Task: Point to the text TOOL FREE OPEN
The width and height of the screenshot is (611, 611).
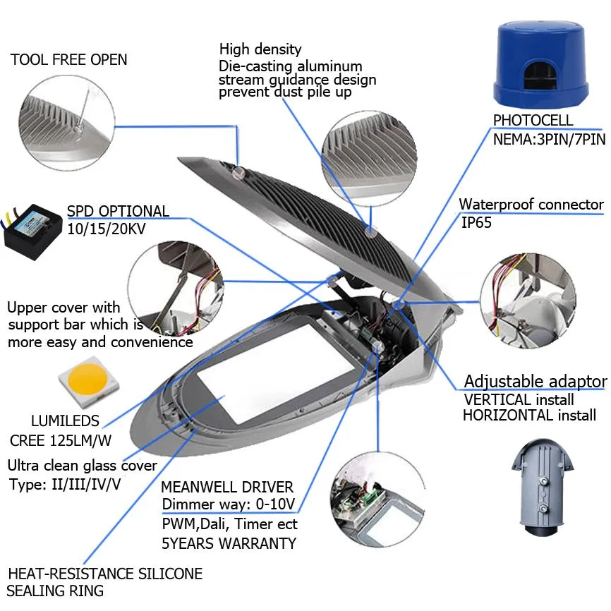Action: (x=68, y=60)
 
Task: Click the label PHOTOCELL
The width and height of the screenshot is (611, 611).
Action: (x=533, y=120)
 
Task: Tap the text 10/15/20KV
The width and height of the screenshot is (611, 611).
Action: (x=107, y=229)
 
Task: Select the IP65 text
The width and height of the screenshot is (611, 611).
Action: (x=476, y=222)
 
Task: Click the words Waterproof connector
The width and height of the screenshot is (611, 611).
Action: (x=531, y=204)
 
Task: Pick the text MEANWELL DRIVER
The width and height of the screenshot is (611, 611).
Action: (x=227, y=487)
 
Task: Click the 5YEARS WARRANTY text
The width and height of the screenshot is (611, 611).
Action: (x=229, y=543)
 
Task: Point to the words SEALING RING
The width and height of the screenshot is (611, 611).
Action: (x=55, y=591)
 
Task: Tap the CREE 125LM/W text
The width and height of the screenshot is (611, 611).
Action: (x=61, y=441)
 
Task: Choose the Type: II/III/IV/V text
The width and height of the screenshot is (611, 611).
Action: (x=65, y=485)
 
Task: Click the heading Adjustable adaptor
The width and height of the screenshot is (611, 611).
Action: (x=536, y=381)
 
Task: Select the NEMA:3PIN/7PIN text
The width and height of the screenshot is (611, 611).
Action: (x=550, y=139)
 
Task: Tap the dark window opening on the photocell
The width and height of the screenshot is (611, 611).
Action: (x=540, y=76)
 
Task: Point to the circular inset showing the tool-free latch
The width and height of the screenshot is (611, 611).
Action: (x=67, y=122)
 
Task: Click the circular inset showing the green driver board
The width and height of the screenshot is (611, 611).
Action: (x=377, y=500)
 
